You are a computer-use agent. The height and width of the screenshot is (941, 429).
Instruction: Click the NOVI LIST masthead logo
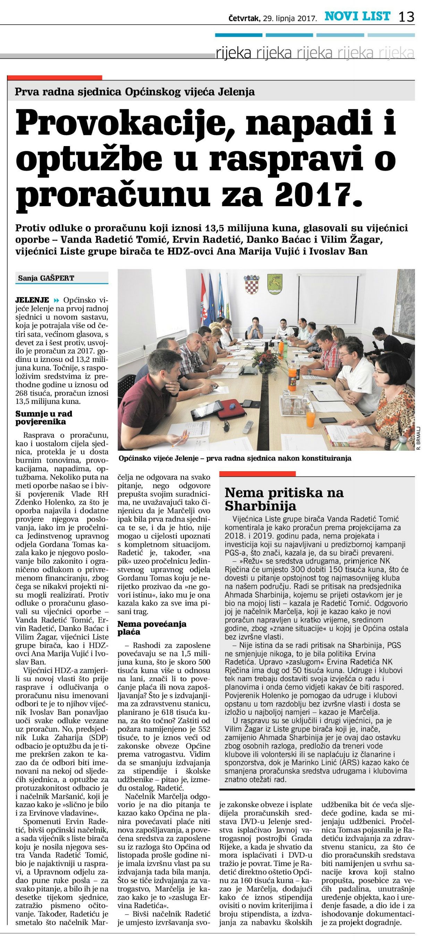click(x=357, y=16)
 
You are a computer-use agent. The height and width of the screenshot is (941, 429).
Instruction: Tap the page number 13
click(x=406, y=17)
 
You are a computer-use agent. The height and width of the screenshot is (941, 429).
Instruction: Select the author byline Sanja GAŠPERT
click(x=46, y=278)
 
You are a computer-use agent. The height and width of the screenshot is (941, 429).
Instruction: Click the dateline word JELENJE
click(x=32, y=300)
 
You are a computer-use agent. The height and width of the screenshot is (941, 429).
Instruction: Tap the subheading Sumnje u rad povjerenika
click(x=44, y=417)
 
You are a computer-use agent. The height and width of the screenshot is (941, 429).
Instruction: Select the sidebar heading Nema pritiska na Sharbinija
click(x=284, y=499)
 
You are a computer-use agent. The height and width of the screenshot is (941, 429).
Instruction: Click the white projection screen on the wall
click(x=327, y=299)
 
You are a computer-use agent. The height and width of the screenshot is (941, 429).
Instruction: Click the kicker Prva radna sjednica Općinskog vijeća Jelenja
click(x=134, y=92)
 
